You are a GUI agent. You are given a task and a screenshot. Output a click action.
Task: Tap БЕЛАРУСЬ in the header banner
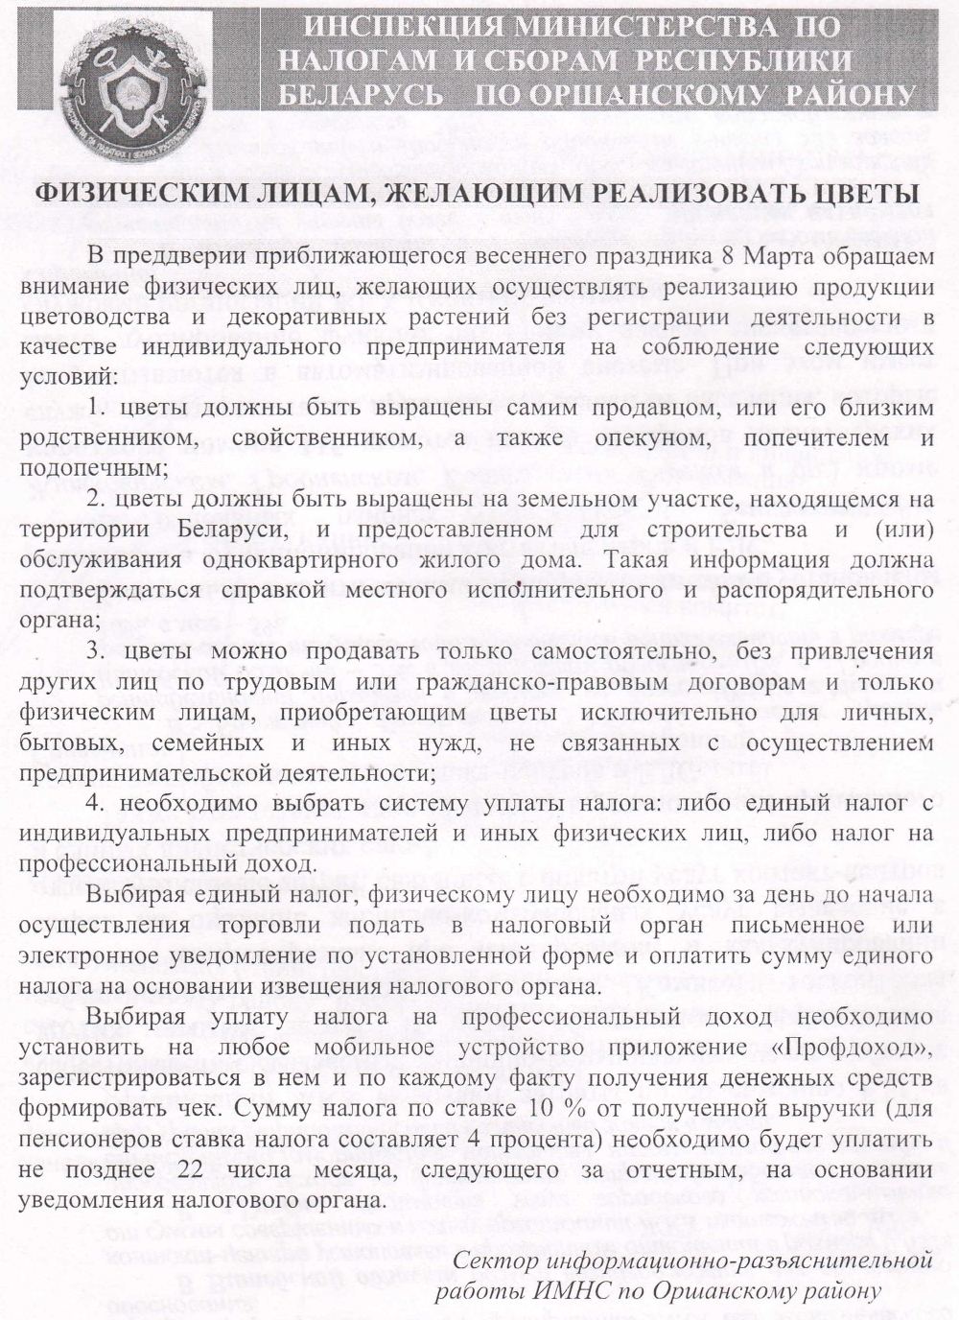[360, 94]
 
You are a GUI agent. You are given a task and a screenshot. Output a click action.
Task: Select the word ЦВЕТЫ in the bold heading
[858, 193]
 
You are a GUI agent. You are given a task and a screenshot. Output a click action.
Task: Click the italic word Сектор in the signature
[488, 1260]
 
